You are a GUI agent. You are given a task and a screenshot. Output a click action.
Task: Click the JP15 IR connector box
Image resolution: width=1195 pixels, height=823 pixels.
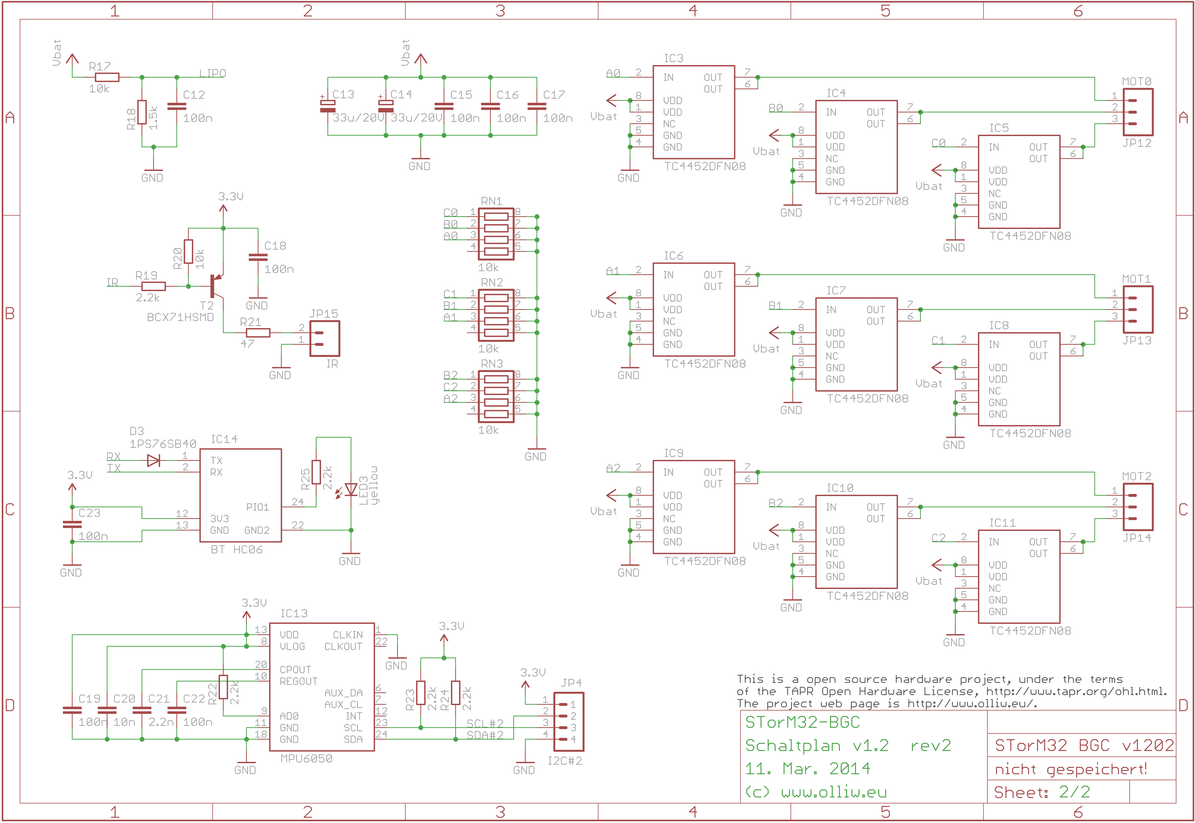pos(325,338)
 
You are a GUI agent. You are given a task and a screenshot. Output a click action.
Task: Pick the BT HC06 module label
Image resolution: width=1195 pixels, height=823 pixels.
pos(237,550)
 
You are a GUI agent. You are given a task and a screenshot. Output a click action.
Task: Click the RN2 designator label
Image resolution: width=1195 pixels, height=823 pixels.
pos(492,282)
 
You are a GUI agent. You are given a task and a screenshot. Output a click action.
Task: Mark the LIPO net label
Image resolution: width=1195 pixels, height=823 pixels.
pos(212,73)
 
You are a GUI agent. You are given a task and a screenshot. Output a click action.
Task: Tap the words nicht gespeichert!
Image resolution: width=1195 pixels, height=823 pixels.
pos(1070,769)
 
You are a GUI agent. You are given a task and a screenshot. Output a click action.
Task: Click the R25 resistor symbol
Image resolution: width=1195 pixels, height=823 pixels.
pos(316,472)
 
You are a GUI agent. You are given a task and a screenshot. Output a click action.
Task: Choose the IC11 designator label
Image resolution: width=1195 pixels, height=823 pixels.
pos(1002,523)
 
